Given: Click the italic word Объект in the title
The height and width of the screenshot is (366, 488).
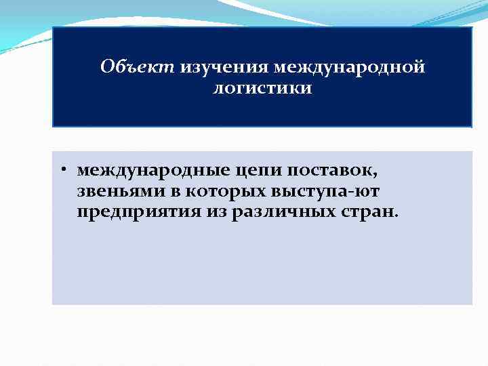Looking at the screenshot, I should point(137,68).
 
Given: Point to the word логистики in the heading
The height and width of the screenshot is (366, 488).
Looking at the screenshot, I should point(262,89).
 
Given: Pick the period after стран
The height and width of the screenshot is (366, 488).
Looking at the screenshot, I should point(397,218).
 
